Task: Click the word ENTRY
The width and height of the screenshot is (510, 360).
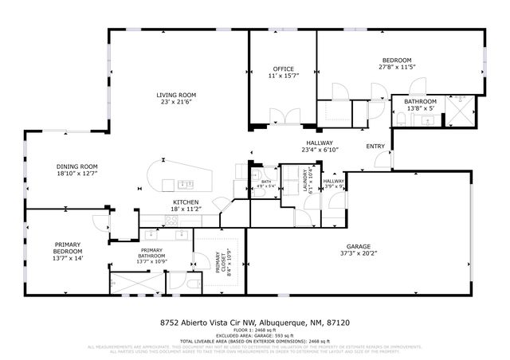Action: click(x=375, y=147)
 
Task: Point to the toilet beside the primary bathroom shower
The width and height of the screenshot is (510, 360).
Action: click(x=194, y=282)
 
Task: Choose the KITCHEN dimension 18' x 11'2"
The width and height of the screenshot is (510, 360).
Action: click(x=186, y=209)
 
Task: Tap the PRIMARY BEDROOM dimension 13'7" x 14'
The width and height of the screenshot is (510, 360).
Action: click(x=68, y=257)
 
